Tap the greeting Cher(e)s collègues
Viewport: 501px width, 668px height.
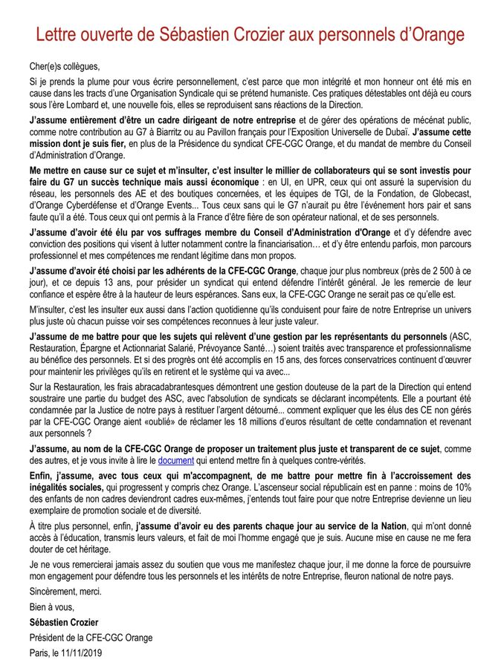(x=64, y=66)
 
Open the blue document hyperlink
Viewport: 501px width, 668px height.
(x=176, y=460)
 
